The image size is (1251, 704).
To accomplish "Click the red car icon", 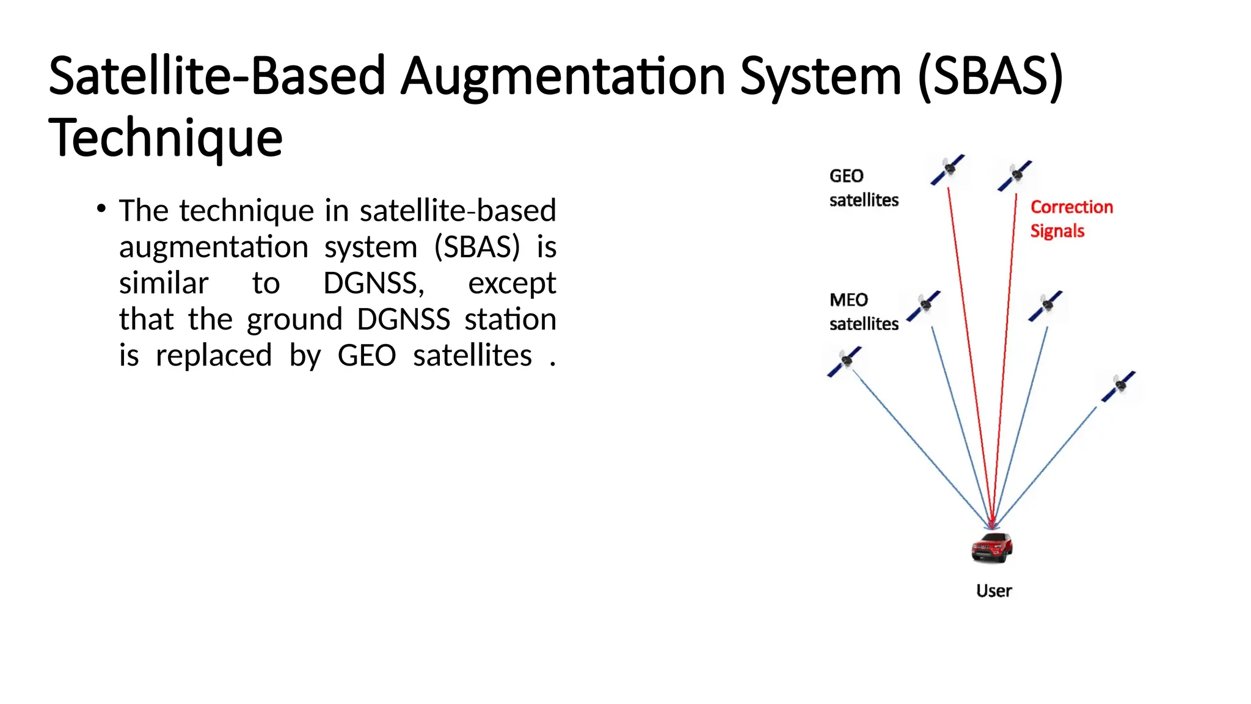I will pos(992,546).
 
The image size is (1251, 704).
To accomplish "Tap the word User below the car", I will pos(994,591).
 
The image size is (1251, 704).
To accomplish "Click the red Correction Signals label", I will pos(1071,219).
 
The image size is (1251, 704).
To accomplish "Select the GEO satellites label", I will pos(863,188).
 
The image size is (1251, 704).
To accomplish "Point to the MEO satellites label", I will pos(863,312).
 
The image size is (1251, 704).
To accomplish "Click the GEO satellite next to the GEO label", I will pos(947,169).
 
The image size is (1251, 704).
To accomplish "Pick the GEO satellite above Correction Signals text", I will pos(1015,175).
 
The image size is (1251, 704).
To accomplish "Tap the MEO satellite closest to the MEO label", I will pos(924,306).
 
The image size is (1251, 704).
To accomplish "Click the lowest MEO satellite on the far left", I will pos(844,362).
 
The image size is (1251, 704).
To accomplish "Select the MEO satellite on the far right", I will pos(1118,386).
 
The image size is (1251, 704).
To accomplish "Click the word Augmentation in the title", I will pos(562,76).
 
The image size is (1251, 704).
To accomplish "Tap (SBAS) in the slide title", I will pos(990,76).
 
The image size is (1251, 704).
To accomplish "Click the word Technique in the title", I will pos(166,138).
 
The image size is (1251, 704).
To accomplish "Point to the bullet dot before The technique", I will pos(101,210).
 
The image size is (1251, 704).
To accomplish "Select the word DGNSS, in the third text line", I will pos(373,283).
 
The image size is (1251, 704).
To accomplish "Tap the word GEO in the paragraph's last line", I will pos(367,356).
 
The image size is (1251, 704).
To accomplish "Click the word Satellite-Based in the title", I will pos(216,76).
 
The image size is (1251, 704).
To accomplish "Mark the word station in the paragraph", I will pos(510,319).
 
